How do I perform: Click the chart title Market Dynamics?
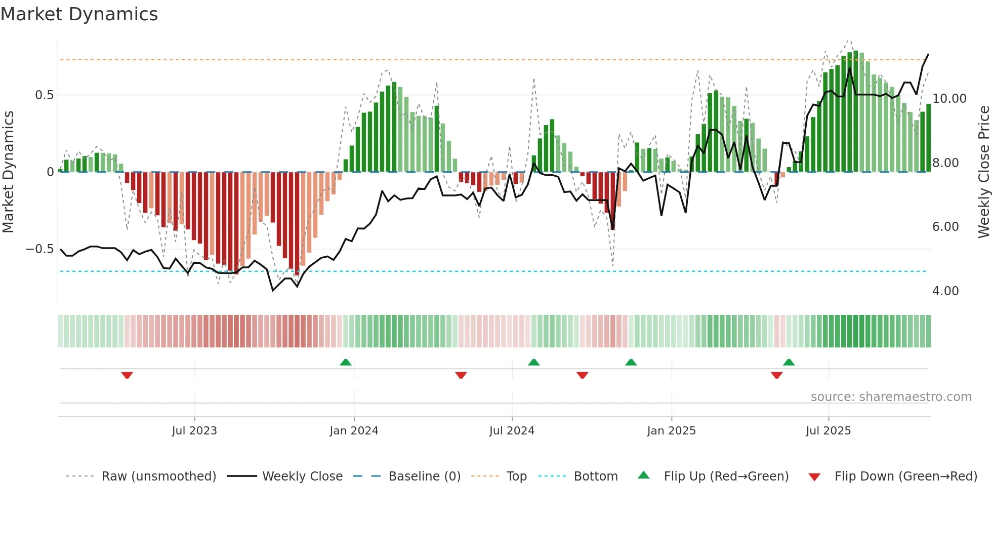coord(79,14)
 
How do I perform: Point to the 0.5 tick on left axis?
coord(44,95)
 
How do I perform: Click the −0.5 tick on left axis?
coord(40,249)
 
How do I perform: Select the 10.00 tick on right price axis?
coord(949,99)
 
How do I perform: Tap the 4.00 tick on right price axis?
coord(945,291)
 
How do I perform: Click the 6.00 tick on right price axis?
coord(945,227)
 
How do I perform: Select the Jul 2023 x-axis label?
coord(194,431)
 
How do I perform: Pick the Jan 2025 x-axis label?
coord(671,431)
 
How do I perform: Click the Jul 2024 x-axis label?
coord(512,431)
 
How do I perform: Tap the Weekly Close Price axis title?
coord(983,172)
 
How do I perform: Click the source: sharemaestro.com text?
coord(891,397)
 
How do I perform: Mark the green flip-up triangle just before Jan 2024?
coord(346,363)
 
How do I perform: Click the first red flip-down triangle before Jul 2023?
coord(127,375)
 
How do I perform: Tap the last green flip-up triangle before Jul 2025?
coord(789,363)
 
